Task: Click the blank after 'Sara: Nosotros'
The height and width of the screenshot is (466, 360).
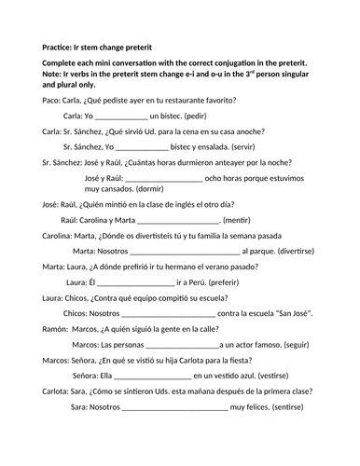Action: coord(173,408)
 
